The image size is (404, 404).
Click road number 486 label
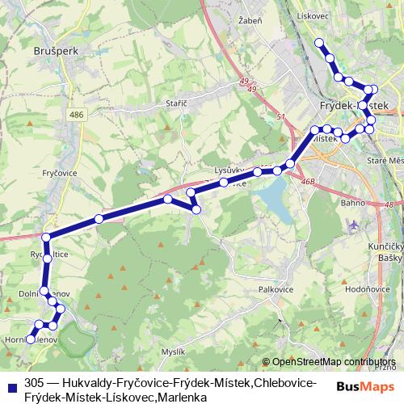click(77, 116)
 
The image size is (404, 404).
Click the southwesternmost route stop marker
click(31, 339)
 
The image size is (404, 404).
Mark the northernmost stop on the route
click(319, 42)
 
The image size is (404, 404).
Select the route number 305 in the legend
click(34, 381)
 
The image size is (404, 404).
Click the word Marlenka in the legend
click(183, 397)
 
